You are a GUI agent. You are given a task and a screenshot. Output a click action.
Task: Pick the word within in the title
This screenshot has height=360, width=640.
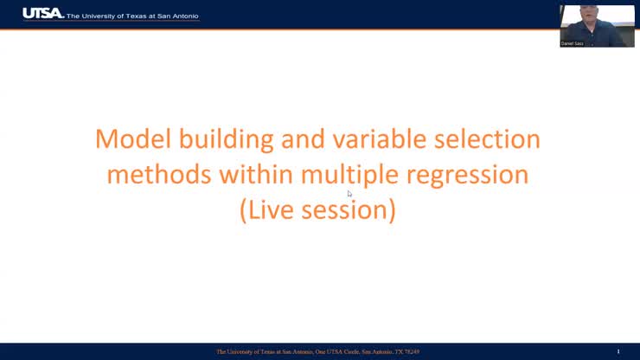[x=258, y=175]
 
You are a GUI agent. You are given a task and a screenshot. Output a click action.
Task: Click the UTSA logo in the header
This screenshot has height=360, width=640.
[x=42, y=14]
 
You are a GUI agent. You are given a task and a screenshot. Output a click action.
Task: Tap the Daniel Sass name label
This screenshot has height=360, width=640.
[x=572, y=43]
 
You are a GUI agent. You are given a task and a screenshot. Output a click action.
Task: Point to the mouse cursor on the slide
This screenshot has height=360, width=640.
[x=349, y=193]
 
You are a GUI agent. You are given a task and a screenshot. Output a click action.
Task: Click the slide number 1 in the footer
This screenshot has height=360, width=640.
[x=618, y=351]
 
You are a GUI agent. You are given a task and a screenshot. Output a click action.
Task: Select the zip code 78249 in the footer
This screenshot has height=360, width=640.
[x=410, y=351]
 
